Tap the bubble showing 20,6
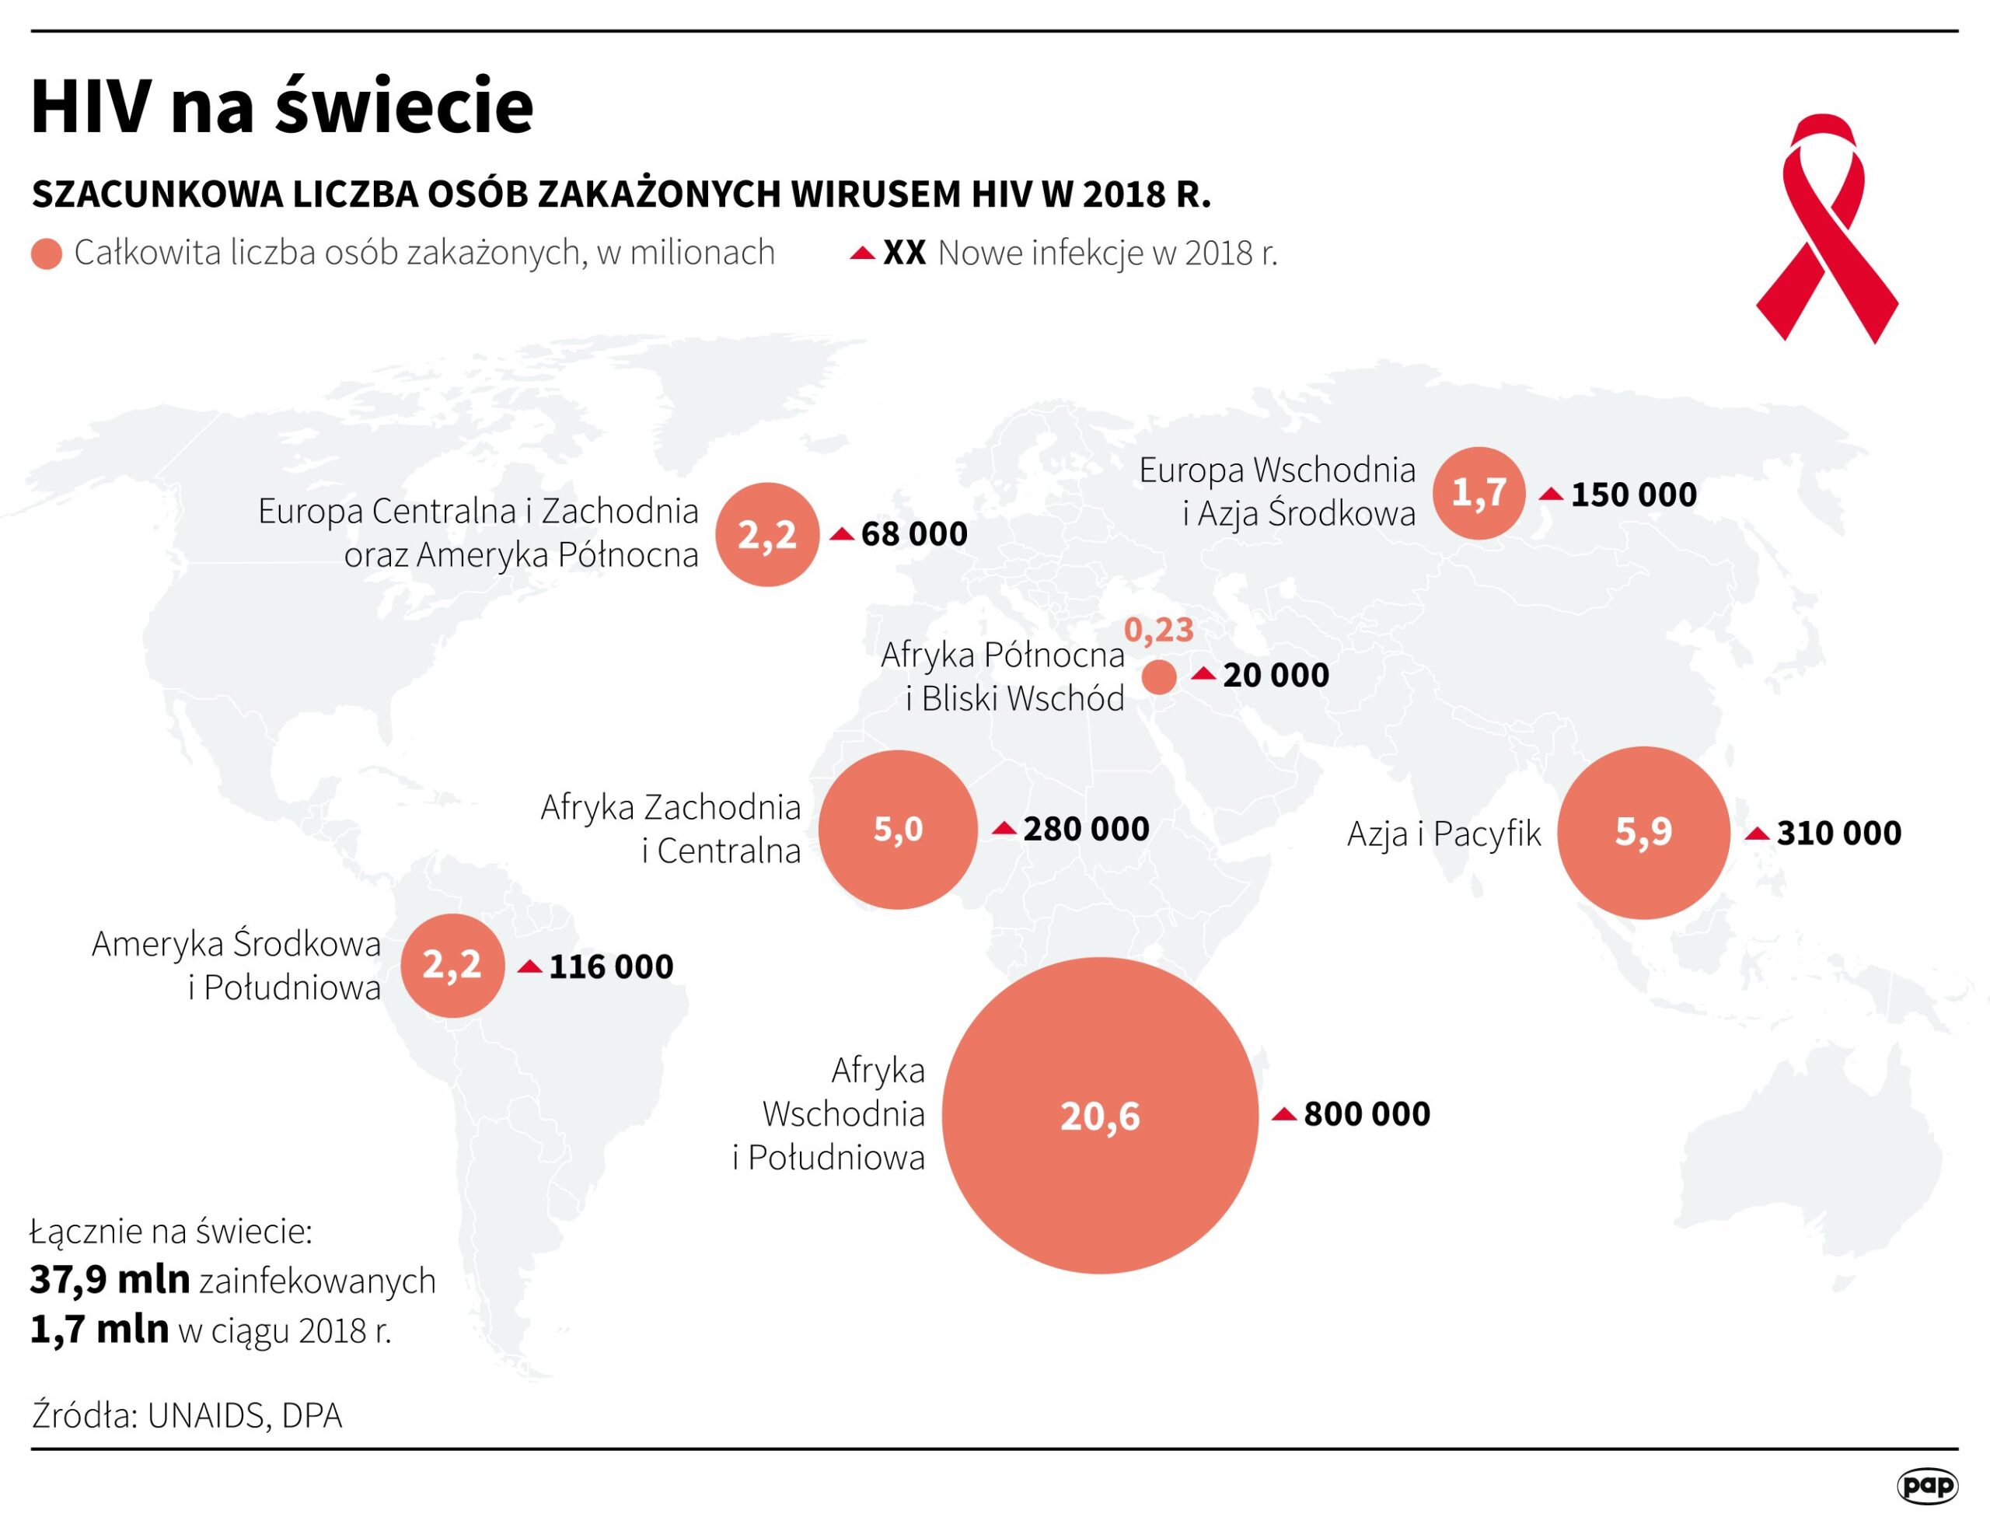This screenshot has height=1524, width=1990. pos(1099,1116)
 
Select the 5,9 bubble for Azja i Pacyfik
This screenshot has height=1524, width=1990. pos(1643,832)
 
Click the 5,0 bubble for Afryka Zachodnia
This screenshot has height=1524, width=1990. pos(898,829)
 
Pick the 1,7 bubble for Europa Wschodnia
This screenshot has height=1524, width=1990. pos(1479,493)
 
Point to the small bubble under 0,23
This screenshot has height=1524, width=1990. pos(1158,676)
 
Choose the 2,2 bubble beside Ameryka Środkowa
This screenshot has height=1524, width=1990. pos(452,965)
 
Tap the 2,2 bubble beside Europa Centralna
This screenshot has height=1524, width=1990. pos(766,534)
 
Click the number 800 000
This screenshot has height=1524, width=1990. pos(1366,1114)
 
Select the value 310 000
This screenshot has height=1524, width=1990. pos(1838,833)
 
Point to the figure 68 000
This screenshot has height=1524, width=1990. pos(913,534)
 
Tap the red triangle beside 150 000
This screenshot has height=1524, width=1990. pos(1551,495)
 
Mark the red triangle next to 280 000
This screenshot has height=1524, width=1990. pos(1004,828)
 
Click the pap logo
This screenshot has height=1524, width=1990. pos(1926,1486)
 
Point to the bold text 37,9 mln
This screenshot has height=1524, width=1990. pos(110,1280)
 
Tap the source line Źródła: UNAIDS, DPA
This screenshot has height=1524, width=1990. pos(187,1416)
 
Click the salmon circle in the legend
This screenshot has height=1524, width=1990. pos(47,254)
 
